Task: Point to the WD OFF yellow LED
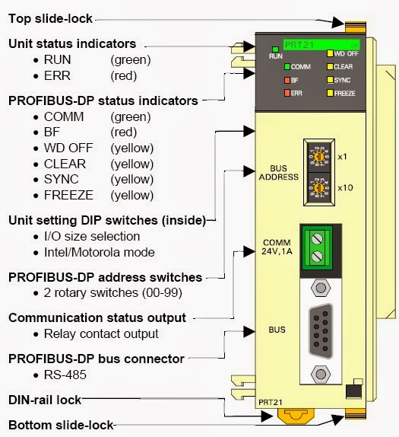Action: click(329, 54)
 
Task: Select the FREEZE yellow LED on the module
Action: click(329, 93)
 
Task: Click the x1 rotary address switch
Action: click(320, 156)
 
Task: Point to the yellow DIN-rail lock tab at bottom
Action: click(291, 416)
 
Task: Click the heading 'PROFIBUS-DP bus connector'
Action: click(97, 358)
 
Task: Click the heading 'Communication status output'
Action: click(97, 317)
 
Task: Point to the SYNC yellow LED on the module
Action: click(329, 80)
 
